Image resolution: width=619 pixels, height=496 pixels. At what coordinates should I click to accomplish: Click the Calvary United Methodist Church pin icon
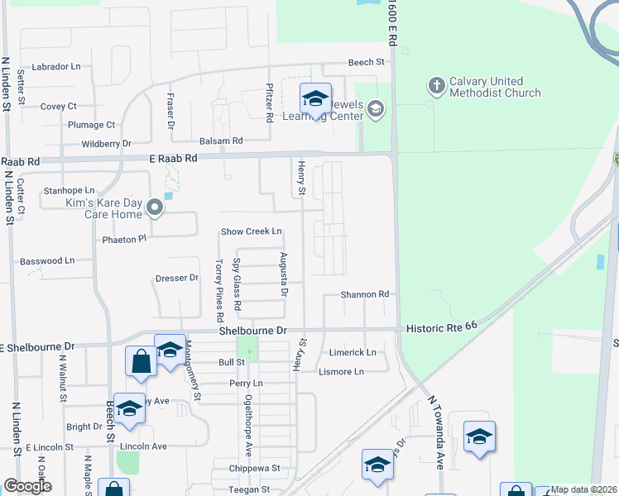click(436, 85)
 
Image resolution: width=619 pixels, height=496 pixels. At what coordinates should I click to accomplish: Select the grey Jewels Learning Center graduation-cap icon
click(376, 109)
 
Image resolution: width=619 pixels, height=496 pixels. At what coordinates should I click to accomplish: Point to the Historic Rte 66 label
click(442, 328)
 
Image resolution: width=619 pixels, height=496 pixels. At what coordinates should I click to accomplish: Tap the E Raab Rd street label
click(173, 158)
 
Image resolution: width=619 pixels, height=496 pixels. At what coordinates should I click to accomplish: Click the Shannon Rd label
click(365, 294)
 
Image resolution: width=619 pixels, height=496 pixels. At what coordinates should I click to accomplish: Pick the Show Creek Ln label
click(251, 231)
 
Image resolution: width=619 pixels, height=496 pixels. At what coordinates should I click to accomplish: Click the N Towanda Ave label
click(436, 432)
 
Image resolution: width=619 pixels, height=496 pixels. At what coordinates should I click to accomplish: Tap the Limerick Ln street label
click(353, 352)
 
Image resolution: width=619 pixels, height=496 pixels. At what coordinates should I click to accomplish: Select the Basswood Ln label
click(47, 260)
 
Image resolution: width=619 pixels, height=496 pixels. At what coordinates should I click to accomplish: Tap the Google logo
click(27, 486)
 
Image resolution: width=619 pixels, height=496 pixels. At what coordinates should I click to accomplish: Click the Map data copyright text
click(583, 489)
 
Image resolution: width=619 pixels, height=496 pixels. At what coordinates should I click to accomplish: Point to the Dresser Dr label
click(177, 279)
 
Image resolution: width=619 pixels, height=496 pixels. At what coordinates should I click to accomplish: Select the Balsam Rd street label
click(220, 141)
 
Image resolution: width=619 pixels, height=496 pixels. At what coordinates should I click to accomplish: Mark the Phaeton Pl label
click(124, 239)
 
